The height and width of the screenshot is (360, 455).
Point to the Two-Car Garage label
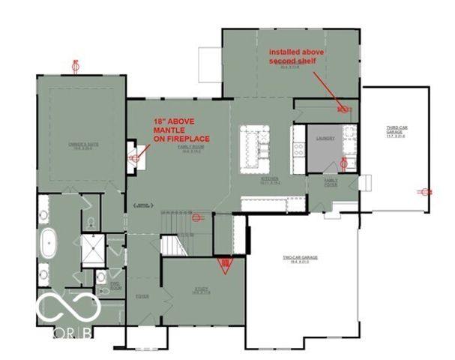point(300,259)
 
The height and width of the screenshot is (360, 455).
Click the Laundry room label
point(325,138)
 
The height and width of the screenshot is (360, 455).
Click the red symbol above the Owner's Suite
point(75,65)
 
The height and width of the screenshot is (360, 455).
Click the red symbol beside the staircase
point(197,219)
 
